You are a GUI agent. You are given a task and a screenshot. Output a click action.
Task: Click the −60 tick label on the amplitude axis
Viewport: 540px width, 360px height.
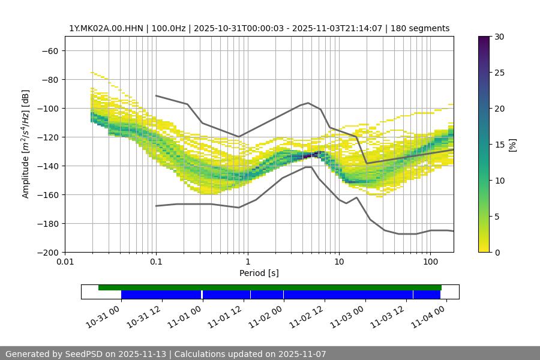49,50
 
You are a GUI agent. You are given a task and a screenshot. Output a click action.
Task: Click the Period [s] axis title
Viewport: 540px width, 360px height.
259,273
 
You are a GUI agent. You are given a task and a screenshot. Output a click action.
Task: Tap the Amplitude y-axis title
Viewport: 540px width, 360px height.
26,144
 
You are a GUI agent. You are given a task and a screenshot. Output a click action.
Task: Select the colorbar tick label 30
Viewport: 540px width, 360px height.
499,37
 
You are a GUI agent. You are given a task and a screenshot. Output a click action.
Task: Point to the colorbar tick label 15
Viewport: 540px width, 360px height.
499,145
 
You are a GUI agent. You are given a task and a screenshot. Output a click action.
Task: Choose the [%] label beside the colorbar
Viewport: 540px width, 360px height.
512,145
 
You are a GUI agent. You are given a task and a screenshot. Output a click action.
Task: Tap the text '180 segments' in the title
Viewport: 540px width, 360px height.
422,28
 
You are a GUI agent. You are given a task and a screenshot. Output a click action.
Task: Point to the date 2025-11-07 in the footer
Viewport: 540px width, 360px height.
300,354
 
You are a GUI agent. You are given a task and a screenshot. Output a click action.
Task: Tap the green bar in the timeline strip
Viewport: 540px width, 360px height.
270,287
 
